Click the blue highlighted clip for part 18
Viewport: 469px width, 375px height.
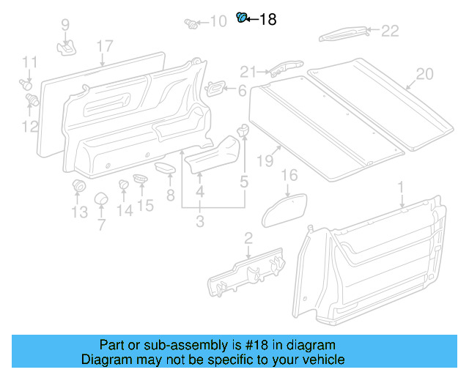point(240,18)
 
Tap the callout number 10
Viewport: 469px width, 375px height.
point(218,22)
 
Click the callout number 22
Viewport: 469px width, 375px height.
point(389,31)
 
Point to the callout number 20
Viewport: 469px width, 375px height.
point(424,74)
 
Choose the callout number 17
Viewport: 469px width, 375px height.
point(105,48)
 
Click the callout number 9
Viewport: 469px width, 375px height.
point(65,26)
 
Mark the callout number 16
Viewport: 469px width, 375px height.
point(290,175)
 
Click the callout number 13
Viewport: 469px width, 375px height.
point(78,212)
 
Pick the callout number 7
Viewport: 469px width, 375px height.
point(101,224)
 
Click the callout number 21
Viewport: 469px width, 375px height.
point(249,71)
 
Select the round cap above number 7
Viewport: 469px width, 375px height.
point(101,200)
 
